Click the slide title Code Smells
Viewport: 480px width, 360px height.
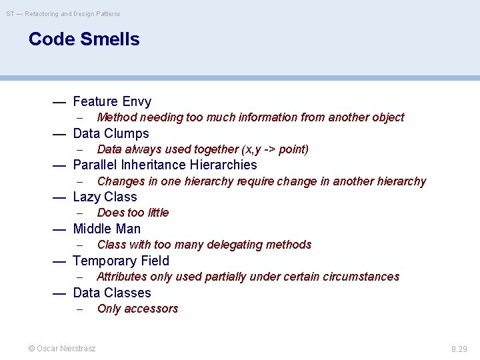click(x=84, y=39)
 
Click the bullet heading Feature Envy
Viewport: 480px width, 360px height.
click(x=112, y=101)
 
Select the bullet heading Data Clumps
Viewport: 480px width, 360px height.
click(x=111, y=133)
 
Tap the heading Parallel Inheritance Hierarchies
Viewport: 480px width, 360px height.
click(x=165, y=165)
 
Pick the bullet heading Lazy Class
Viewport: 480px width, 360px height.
click(x=105, y=197)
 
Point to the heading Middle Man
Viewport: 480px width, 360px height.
click(x=107, y=229)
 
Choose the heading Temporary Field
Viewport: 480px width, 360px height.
click(x=121, y=261)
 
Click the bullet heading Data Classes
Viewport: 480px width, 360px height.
click(x=112, y=293)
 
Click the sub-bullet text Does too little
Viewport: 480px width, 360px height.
click(x=133, y=213)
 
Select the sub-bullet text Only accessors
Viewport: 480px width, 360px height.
click(x=137, y=309)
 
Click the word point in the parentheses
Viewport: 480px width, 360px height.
click(x=291, y=149)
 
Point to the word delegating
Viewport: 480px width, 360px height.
click(x=235, y=245)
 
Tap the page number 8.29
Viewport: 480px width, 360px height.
click(x=460, y=348)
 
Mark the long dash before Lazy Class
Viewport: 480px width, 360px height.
click(x=59, y=197)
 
